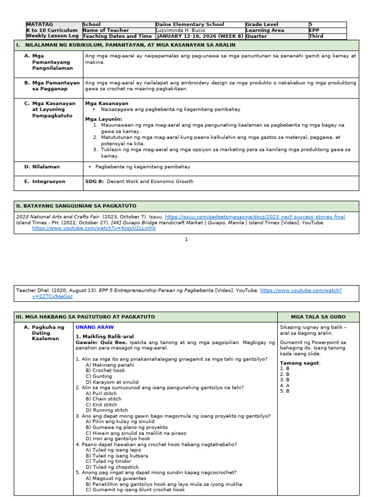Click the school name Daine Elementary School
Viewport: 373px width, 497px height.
[190, 24]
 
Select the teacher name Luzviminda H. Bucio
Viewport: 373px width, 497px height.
[181, 30]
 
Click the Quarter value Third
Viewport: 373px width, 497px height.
[317, 36]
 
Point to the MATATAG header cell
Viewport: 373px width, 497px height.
[40, 24]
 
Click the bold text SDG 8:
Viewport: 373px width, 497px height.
[93, 182]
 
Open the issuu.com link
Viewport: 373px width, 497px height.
[255, 217]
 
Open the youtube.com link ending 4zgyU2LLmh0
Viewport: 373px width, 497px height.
[94, 228]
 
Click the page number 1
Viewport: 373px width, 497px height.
[186, 239]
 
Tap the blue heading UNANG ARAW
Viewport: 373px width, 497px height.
[95, 327]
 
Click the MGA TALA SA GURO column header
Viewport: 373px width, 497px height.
[318, 317]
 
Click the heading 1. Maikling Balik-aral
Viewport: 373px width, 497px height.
[104, 336]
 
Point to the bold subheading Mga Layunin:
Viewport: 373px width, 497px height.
[103, 119]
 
